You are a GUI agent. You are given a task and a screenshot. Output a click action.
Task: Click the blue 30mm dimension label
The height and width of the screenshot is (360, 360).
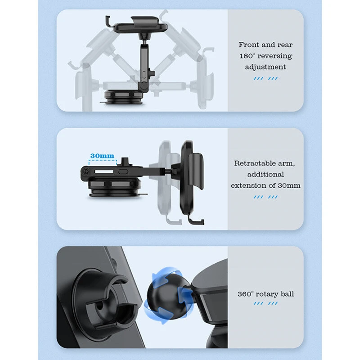(102, 156)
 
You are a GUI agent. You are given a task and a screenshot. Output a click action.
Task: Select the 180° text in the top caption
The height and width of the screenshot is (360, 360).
(247, 56)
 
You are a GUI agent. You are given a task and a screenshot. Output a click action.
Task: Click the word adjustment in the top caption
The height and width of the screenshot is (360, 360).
(265, 67)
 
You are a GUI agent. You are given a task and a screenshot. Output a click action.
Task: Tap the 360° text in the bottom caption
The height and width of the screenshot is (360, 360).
(245, 294)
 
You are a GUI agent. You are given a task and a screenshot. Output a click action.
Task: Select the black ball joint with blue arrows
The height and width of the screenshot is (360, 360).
(168, 295)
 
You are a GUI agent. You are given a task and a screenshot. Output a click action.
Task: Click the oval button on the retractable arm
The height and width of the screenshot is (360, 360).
(122, 172)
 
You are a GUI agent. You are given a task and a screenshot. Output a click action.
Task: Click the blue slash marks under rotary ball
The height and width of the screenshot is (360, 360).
(265, 303)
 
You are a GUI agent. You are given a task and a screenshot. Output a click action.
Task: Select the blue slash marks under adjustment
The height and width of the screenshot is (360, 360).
(265, 79)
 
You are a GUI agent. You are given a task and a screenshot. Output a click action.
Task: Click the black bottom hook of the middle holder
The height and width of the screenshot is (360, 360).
(196, 220)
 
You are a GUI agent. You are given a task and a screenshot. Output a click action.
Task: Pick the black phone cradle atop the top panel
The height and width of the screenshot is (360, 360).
(140, 24)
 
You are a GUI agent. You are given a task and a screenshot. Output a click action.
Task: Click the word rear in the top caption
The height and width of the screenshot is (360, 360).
(285, 45)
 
